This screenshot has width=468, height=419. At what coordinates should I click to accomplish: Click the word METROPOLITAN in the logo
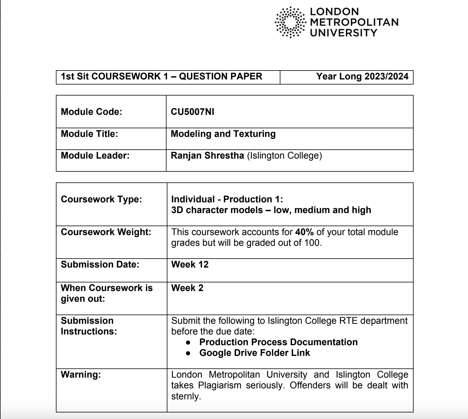tap(354, 22)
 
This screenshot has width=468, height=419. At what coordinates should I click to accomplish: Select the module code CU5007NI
tap(192, 112)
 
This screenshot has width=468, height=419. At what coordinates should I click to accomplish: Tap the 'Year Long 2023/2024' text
tap(362, 76)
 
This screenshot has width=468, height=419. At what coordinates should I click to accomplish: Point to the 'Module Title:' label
tap(89, 134)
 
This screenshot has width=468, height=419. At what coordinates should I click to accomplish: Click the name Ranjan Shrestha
tap(207, 156)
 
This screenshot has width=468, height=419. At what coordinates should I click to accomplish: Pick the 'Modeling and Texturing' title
tap(223, 134)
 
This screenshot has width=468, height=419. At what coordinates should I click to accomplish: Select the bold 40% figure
tap(304, 232)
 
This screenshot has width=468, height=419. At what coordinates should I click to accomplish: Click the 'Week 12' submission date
tap(190, 265)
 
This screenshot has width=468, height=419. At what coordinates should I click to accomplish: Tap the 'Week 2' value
tap(187, 288)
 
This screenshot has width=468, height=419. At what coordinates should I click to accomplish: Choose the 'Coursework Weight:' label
tap(106, 232)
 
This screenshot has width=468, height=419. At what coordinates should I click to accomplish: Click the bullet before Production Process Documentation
tap(188, 343)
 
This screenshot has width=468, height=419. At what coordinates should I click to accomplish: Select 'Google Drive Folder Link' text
tap(255, 353)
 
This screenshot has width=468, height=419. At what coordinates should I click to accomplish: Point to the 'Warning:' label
tap(81, 375)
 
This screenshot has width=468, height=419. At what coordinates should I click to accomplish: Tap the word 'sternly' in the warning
tap(185, 396)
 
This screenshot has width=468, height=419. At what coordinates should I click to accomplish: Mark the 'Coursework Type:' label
tap(101, 199)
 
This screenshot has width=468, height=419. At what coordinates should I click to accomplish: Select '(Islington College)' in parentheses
tap(285, 156)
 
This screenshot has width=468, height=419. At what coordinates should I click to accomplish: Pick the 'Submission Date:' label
tap(100, 265)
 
